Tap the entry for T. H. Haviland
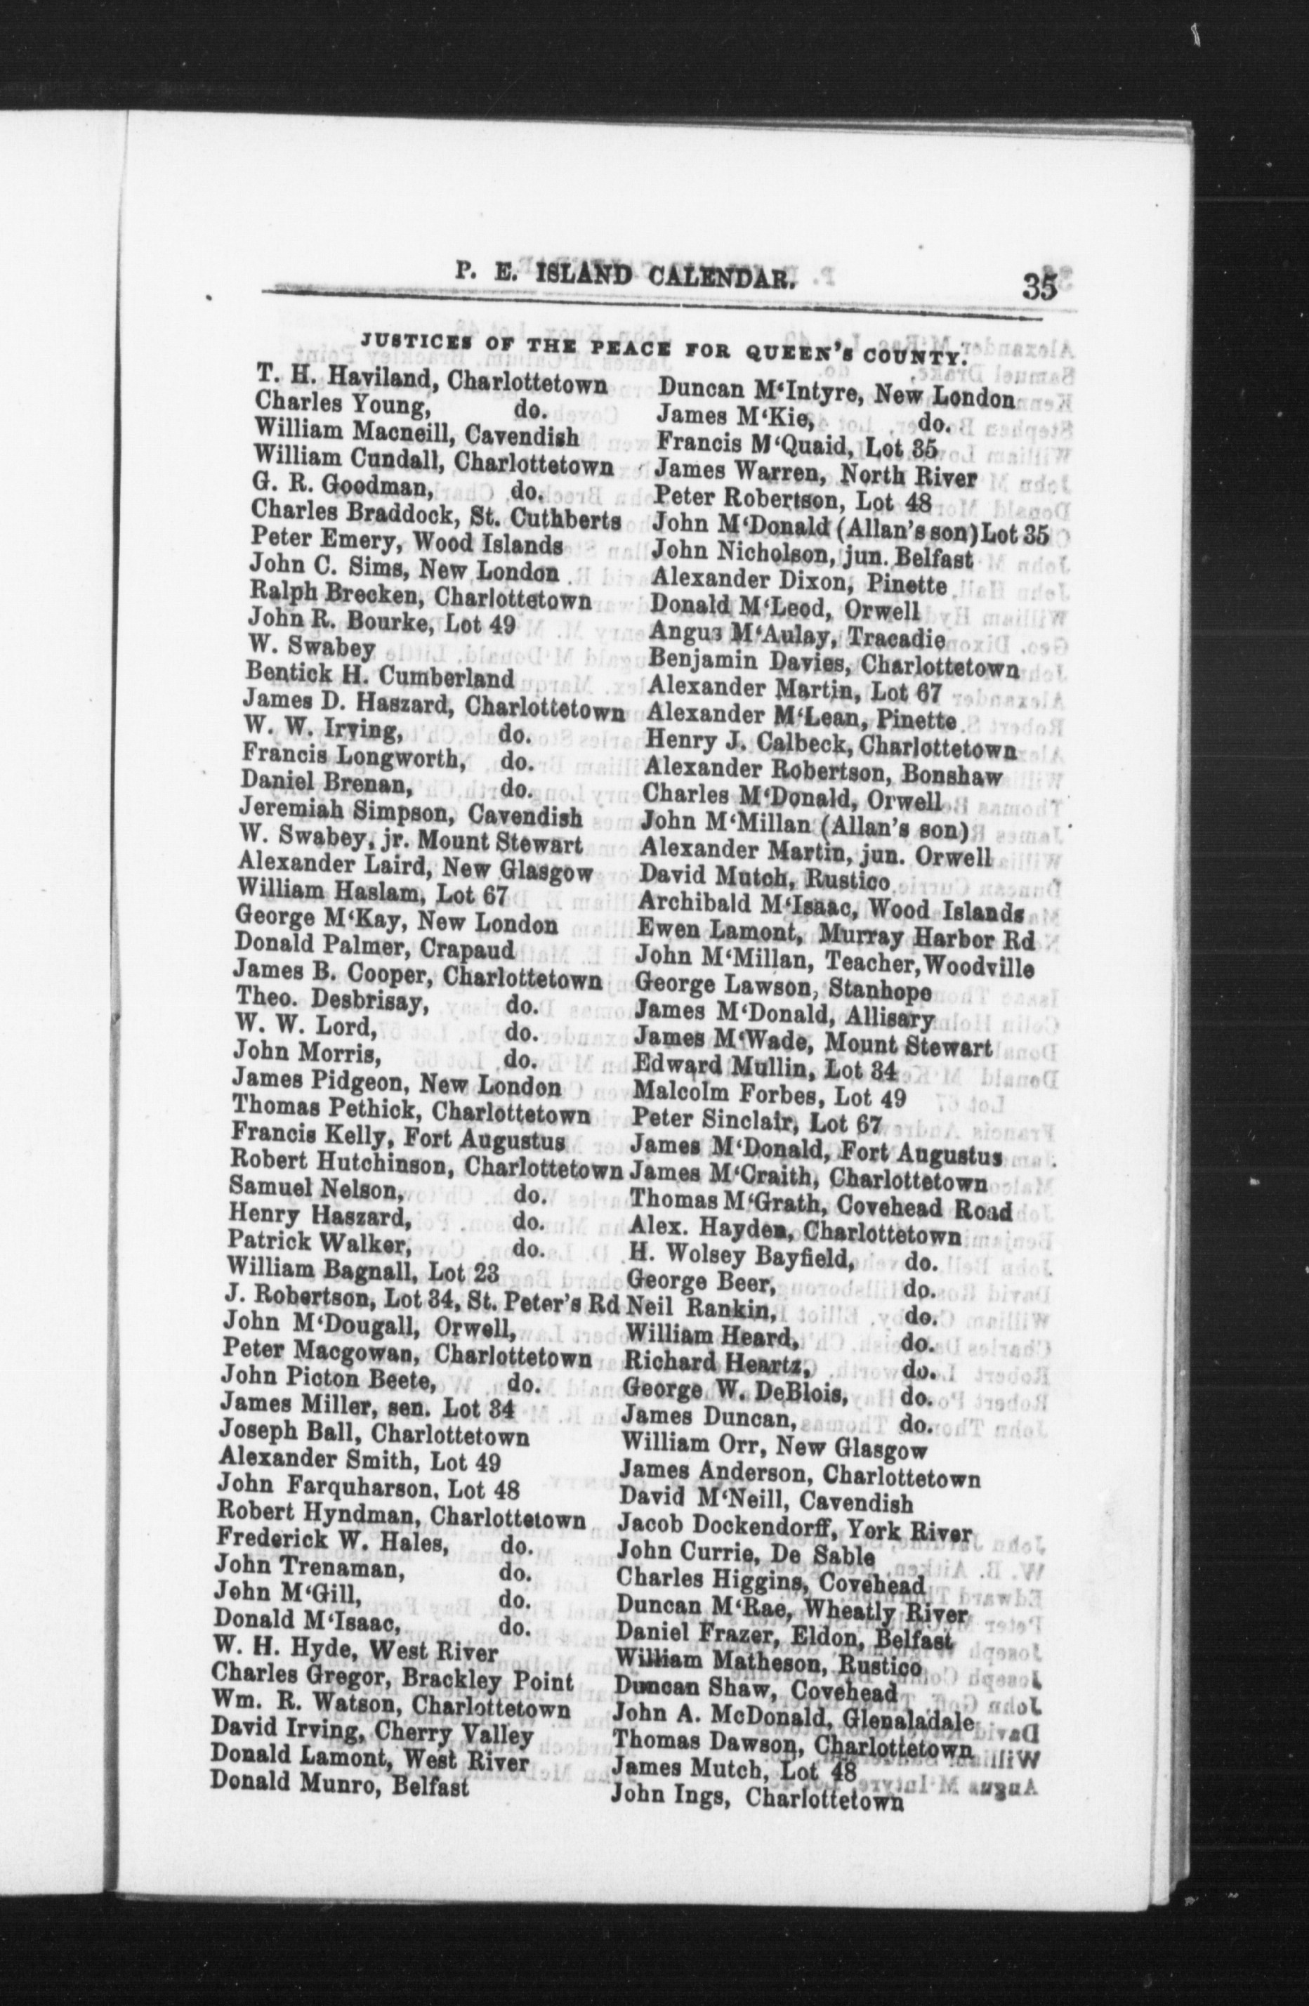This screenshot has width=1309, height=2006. point(430,384)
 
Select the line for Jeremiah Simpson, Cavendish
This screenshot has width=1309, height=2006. point(411,815)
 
